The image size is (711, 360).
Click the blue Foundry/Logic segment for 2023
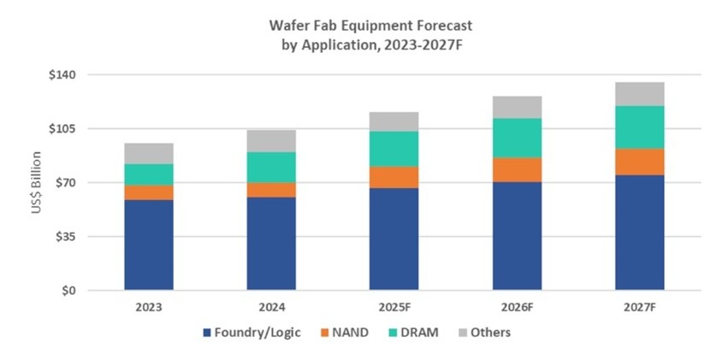coord(149,245)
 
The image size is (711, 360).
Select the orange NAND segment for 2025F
coord(394,177)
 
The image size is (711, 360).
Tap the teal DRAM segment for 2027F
coord(640,127)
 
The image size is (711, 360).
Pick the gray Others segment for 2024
coord(271,141)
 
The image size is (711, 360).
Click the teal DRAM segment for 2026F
coord(517,138)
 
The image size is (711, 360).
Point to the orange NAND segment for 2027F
coord(640,162)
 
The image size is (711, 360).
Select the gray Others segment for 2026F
coord(517,107)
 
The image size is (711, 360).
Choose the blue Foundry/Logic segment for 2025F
coord(394,239)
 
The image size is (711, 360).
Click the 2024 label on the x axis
coord(271,306)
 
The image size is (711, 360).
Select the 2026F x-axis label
coord(517,306)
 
